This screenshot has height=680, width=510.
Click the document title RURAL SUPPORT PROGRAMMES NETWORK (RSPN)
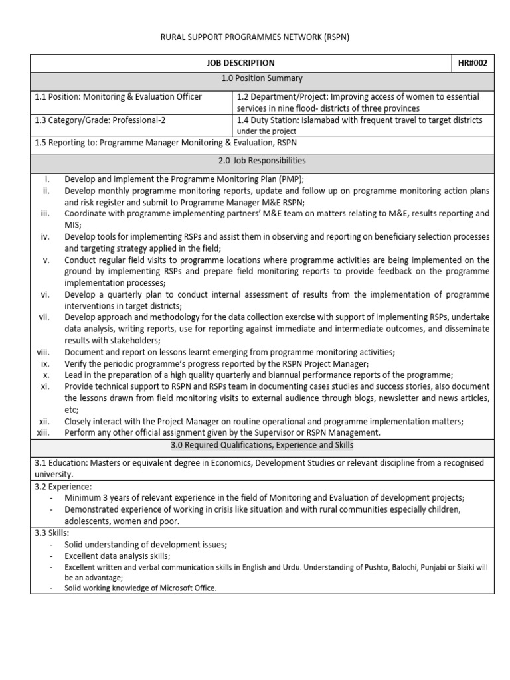255,37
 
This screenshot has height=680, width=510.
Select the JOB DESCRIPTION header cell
240,63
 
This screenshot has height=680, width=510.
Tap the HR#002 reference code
472,63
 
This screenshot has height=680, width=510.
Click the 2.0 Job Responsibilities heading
262,161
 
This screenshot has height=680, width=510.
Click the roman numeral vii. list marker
44,317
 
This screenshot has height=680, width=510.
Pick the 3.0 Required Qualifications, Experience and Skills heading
262,445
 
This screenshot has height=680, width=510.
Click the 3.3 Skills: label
52,533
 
